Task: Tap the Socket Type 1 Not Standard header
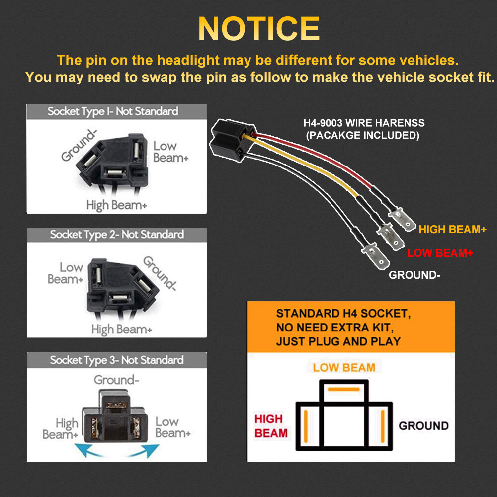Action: point(113,111)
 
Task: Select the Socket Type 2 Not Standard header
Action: point(117,235)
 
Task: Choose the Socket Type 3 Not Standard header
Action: point(117,360)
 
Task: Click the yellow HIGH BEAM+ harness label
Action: point(452,229)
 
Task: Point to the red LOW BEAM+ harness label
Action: point(440,253)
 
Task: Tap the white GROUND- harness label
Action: point(414,275)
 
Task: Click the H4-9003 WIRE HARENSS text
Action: point(364,123)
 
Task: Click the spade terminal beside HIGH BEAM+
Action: point(403,219)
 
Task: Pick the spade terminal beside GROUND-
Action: point(376,256)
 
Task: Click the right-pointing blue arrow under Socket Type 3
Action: point(144,450)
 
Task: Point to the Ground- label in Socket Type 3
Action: point(116,380)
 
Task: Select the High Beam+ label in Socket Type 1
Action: point(117,205)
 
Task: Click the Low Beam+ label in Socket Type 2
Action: point(65,273)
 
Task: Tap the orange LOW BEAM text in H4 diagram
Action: point(344,368)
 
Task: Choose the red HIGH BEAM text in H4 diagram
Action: point(271,426)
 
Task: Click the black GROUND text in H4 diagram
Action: point(423,426)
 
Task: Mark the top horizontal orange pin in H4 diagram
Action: point(343,389)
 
